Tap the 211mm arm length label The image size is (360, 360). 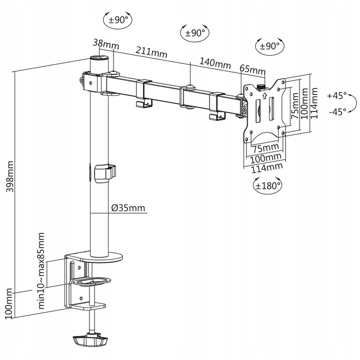point(150,51)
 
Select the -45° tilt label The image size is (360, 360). point(337,111)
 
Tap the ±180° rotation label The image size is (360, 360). point(268,185)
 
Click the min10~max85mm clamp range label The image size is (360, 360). point(41,270)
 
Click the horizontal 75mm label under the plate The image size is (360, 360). point(265,148)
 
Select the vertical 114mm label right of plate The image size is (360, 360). point(314,102)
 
